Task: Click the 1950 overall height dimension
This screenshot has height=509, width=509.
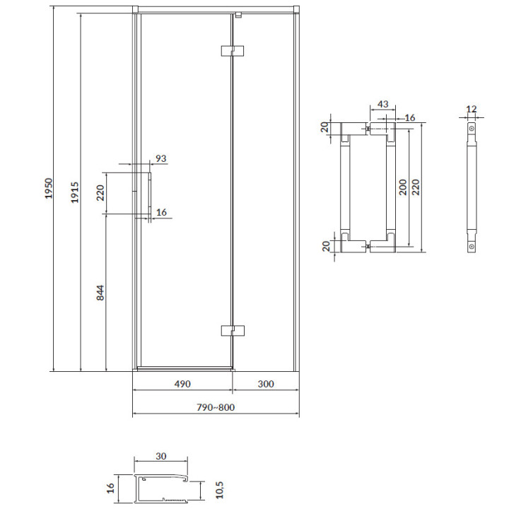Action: [48, 188]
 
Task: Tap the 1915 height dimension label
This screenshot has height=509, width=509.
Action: [75, 192]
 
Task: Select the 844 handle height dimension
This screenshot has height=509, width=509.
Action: [100, 293]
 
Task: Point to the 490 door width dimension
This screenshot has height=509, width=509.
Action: [182, 384]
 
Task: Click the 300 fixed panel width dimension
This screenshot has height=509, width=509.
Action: [266, 384]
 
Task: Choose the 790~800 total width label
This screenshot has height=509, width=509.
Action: [216, 407]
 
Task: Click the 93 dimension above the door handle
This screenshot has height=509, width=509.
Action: [161, 158]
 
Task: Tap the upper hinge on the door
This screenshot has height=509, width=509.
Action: [233, 51]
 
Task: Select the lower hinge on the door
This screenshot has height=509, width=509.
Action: [233, 330]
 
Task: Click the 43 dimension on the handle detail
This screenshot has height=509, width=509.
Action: [383, 104]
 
